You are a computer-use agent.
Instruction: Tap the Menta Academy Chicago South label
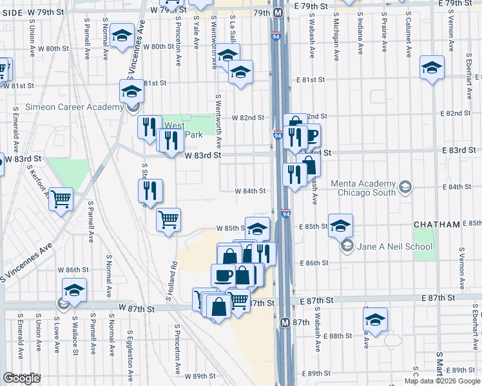(363, 188)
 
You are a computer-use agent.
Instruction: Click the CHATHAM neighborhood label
(437, 225)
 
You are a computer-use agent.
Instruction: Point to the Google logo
(22, 378)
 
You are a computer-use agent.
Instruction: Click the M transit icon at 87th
(284, 321)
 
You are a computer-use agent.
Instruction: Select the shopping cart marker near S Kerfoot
(61, 199)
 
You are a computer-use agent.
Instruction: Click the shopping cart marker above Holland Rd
(169, 219)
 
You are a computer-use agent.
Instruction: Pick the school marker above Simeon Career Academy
(131, 91)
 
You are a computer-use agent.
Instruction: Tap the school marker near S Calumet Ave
(432, 67)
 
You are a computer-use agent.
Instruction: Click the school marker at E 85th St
(340, 225)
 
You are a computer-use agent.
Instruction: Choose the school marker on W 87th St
(74, 289)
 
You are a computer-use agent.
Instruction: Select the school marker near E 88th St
(376, 318)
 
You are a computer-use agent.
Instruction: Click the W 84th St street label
(250, 191)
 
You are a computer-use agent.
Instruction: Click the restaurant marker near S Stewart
(150, 190)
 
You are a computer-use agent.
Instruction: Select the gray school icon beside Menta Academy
(405, 187)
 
